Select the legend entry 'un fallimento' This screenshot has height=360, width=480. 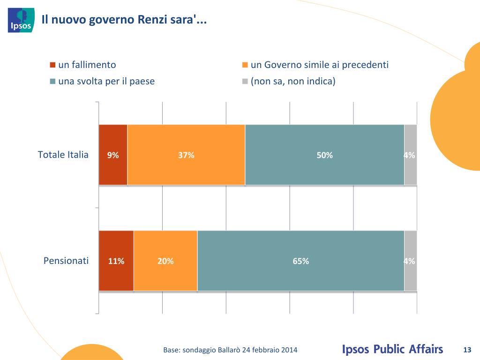[87, 65]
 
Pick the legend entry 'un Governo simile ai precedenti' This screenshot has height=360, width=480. [319, 65]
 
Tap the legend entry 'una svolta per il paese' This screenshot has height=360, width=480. [106, 81]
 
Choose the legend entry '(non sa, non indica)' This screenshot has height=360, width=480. [293, 81]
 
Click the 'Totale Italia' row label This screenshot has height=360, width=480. [63, 155]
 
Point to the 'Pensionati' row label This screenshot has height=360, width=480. [66, 261]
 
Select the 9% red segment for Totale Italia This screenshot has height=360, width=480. [113, 155]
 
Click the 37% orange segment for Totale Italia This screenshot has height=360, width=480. [186, 155]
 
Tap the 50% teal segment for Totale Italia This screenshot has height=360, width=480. [324, 155]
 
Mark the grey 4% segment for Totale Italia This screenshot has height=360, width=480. [410, 155]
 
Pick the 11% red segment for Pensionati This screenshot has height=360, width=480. [116, 261]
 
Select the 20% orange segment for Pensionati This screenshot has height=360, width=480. [165, 261]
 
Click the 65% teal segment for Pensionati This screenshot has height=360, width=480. [300, 261]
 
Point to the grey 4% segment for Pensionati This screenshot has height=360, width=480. [410, 261]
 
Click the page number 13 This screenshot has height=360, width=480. [466, 350]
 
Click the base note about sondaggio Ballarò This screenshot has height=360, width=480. [230, 350]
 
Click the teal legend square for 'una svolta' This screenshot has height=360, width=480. [53, 82]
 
